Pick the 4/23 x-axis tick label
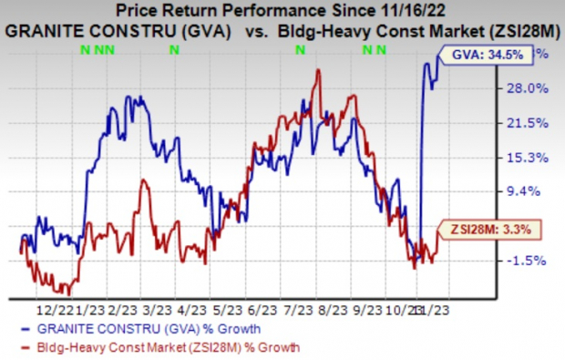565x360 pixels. [x=193, y=308]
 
